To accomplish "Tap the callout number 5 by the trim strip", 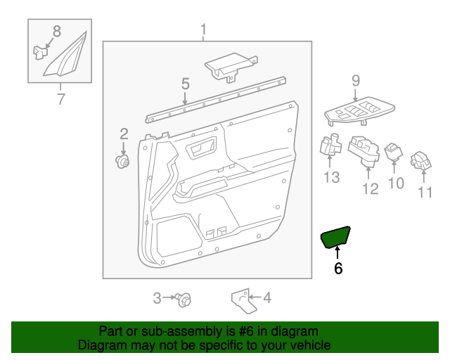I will (185, 84).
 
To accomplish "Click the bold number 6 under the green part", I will (338, 268).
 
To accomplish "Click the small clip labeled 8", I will (39, 51).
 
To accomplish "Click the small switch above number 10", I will (393, 150).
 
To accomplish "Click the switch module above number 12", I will (364, 152).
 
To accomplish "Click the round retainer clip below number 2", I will (124, 162).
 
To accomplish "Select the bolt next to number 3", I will (186, 299).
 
